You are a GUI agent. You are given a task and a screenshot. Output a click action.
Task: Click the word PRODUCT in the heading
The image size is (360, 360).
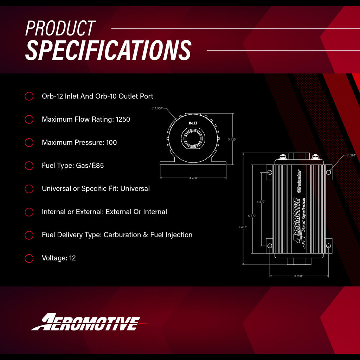pyautogui.click(x=60, y=28)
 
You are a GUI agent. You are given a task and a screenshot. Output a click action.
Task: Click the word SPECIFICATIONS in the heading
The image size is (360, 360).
pyautogui.click(x=108, y=50)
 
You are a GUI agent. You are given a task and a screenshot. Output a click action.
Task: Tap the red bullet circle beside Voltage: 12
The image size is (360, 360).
pyautogui.click(x=29, y=258)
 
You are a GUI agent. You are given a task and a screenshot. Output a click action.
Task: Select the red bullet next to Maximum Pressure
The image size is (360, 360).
pyautogui.click(x=29, y=142)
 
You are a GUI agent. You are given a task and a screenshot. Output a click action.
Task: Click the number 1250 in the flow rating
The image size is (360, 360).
pyautogui.click(x=123, y=119)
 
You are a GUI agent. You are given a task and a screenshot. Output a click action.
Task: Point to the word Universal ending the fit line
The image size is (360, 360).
pyautogui.click(x=135, y=188)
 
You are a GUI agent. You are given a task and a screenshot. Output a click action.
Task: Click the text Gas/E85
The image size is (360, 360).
pyautogui.click(x=90, y=165)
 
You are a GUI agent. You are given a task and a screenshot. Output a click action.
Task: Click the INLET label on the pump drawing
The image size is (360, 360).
pyautogui.click(x=193, y=123)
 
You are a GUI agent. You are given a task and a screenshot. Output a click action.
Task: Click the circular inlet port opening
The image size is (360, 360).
pyautogui.click(x=193, y=138)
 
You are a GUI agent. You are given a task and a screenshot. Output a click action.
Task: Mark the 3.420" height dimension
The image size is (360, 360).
pyautogui.click(x=232, y=140)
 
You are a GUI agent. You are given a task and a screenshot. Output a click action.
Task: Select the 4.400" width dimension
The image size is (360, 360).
pyautogui.click(x=193, y=178)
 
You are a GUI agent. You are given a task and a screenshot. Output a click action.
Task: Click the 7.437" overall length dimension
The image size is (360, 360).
pyautogui.click(x=243, y=227)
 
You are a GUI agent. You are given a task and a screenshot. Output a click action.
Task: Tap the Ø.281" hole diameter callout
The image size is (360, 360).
pyautogui.click(x=351, y=155)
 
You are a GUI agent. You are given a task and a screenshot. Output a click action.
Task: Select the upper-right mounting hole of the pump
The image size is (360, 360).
pyautogui.click(x=328, y=172)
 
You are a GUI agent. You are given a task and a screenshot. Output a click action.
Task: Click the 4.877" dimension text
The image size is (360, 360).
pyautogui.click(x=261, y=202)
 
